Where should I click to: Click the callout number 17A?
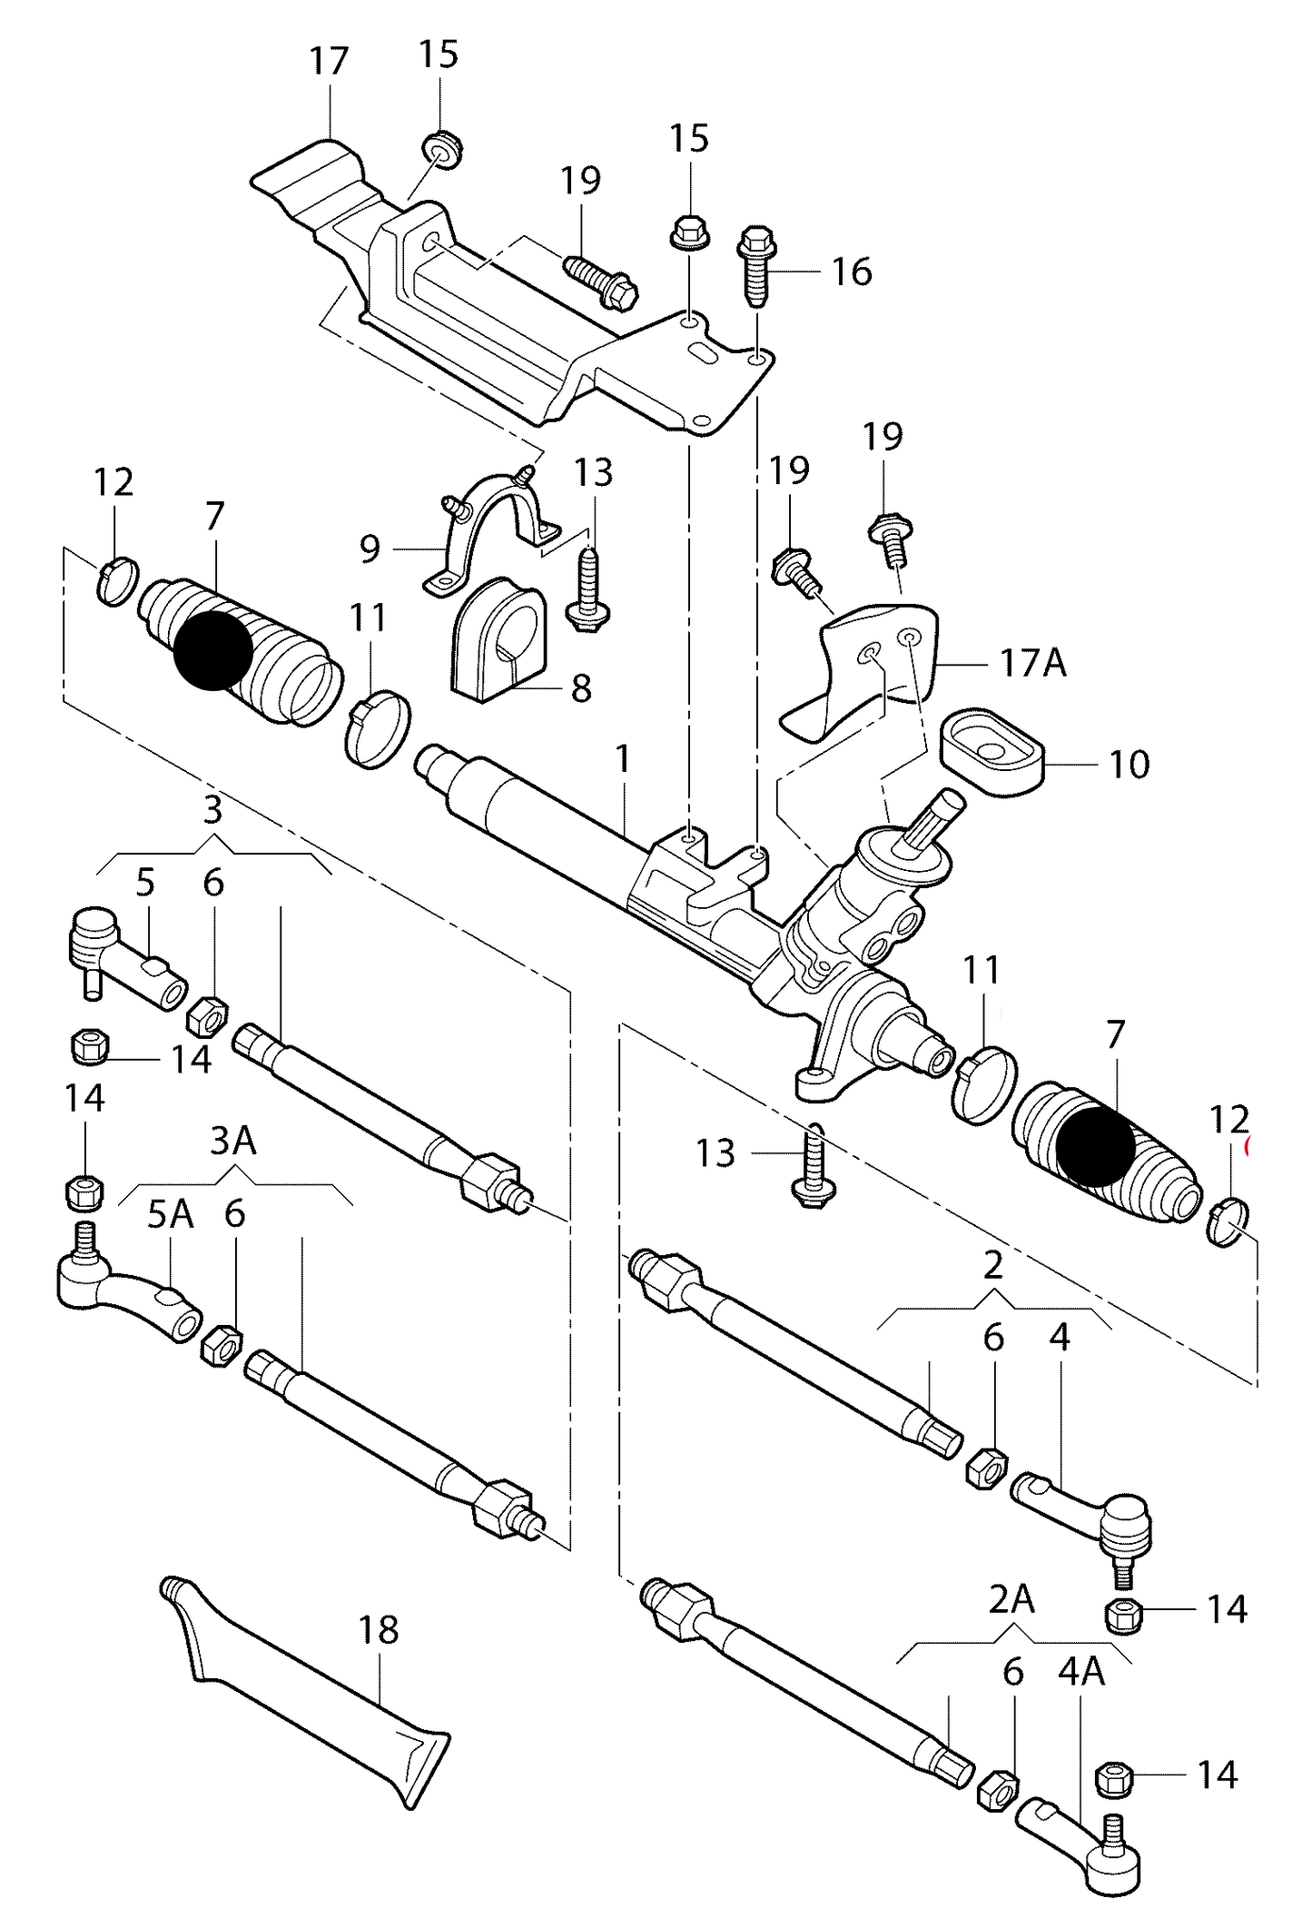(x=1032, y=663)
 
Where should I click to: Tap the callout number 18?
(x=379, y=1629)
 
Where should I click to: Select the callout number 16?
(x=852, y=272)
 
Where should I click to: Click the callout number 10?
(x=1129, y=765)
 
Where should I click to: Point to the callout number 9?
(x=369, y=549)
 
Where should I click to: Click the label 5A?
(x=171, y=1214)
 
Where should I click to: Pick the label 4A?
(x=1080, y=1672)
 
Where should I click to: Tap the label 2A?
(x=1011, y=1600)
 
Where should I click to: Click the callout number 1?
(x=623, y=759)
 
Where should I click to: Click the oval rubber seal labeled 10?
(x=990, y=753)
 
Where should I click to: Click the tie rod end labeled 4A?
(x=1080, y=1848)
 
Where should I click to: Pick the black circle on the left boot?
(x=212, y=649)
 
